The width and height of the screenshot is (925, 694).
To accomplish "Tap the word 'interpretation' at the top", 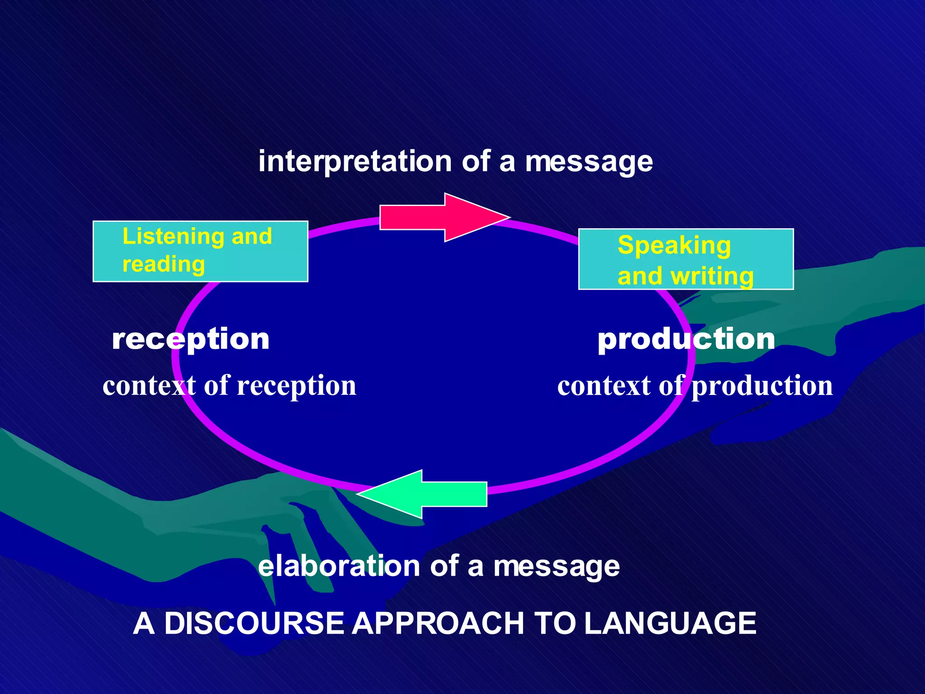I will pos(355,162).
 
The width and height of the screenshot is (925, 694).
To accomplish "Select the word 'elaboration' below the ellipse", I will pos(339,566).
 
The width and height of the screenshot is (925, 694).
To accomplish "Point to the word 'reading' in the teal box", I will pos(164,264).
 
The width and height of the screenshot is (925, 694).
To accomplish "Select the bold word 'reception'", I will pos(191,339).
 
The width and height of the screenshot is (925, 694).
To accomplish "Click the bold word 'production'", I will pos(686,339).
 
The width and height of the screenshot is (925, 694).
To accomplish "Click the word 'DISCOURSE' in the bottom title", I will pos(254,623).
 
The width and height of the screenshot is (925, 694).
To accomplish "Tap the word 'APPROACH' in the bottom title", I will pos(438,623).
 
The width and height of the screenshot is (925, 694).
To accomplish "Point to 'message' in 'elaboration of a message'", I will pos(556,566).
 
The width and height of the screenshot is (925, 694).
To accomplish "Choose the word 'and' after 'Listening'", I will pos(252,236).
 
